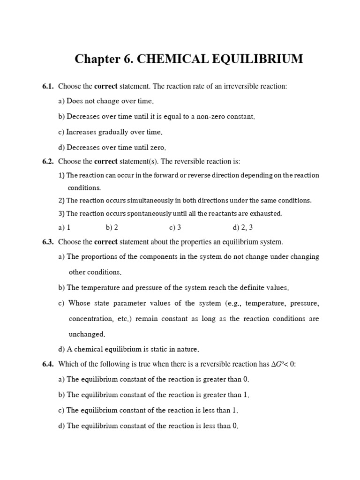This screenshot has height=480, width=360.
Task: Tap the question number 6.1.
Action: pos(48,86)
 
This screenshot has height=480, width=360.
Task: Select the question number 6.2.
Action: pos(48,162)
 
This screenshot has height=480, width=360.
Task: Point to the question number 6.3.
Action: pos(48,242)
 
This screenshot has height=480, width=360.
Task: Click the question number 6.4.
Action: pos(48,364)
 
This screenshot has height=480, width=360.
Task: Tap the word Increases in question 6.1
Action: pos(82,132)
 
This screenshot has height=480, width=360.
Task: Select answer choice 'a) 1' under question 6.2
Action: pos(64,227)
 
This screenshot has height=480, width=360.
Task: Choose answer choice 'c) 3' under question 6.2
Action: pos(175,227)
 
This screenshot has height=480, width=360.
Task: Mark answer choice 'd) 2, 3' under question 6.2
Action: pos(243,227)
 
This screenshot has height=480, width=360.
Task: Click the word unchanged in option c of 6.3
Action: pos(87,335)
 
